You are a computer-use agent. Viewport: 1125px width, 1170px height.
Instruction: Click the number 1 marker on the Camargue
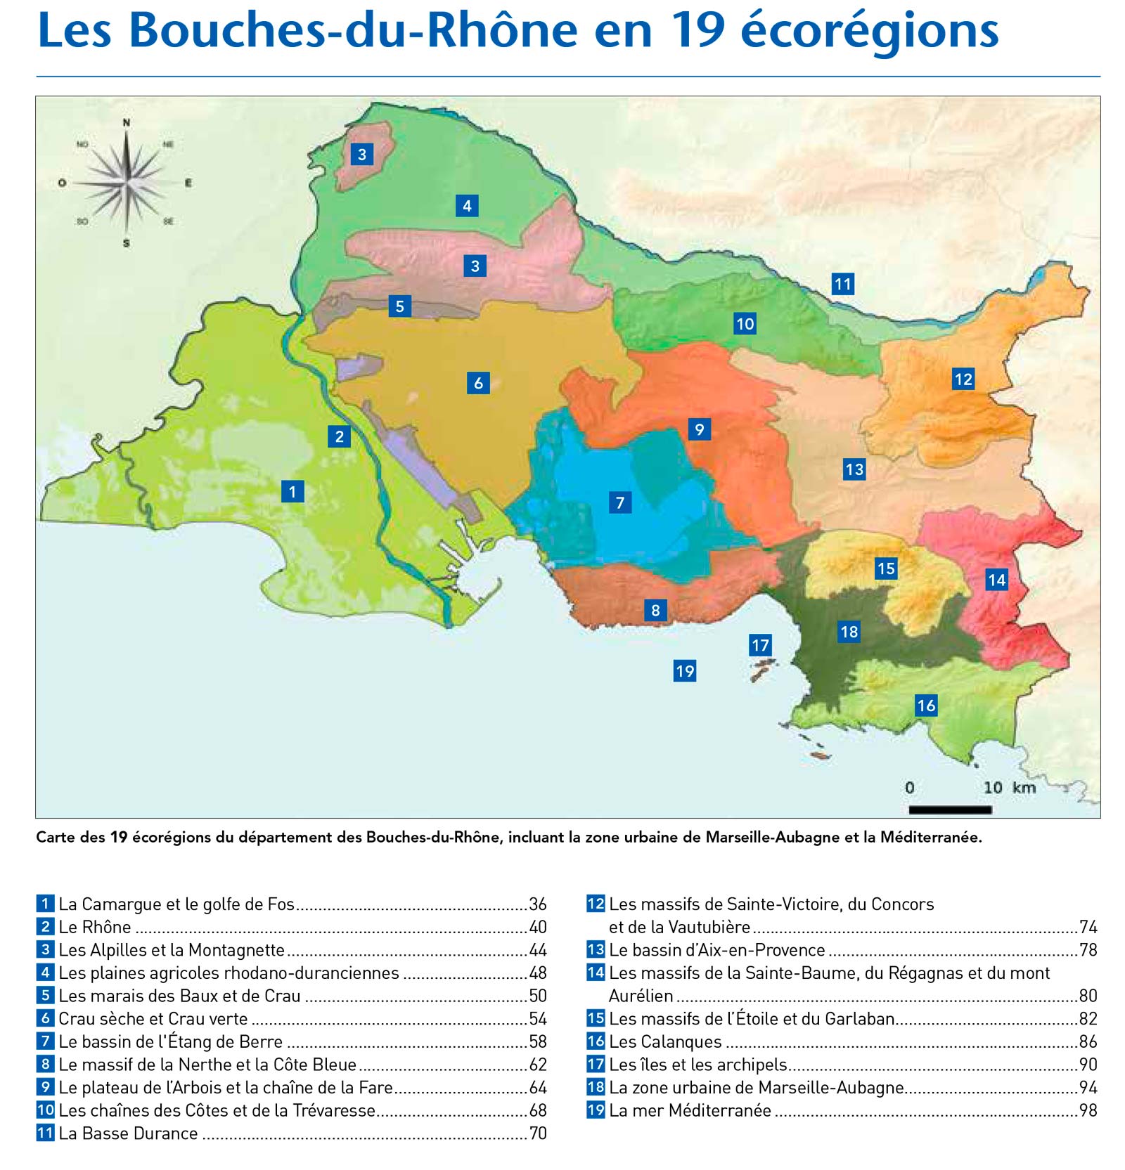(x=292, y=491)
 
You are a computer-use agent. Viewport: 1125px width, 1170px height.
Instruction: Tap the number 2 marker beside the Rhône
(x=340, y=436)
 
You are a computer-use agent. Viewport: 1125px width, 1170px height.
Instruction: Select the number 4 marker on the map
(x=467, y=206)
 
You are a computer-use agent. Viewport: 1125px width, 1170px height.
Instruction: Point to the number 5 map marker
(x=399, y=306)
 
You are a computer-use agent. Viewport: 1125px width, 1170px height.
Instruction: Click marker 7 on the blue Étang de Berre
(x=619, y=502)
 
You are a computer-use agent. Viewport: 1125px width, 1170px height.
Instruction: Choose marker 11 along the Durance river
(x=842, y=284)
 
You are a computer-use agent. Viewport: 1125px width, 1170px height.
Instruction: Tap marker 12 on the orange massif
(x=963, y=379)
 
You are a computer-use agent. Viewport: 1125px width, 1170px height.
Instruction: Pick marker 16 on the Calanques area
(x=926, y=706)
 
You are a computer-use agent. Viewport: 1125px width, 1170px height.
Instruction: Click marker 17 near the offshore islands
(x=760, y=645)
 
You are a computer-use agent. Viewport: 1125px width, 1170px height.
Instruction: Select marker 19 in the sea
(x=684, y=671)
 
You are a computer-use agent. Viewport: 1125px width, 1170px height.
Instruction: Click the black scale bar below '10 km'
(x=950, y=810)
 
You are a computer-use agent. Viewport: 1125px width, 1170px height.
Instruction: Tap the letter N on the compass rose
(x=127, y=123)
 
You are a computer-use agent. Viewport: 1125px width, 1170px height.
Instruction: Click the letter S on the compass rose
(x=127, y=244)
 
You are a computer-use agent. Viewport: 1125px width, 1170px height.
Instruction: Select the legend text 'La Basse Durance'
(x=128, y=1133)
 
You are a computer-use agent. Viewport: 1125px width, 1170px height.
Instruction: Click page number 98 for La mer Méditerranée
(x=1088, y=1110)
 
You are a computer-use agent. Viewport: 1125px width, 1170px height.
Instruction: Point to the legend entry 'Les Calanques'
(x=665, y=1041)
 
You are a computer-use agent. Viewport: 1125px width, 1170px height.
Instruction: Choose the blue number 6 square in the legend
(x=46, y=1018)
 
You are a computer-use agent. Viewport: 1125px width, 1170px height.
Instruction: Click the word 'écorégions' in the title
(x=869, y=32)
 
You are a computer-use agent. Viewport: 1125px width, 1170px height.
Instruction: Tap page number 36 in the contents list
(x=538, y=904)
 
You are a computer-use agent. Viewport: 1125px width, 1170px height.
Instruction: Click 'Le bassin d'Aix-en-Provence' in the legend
(x=716, y=950)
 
